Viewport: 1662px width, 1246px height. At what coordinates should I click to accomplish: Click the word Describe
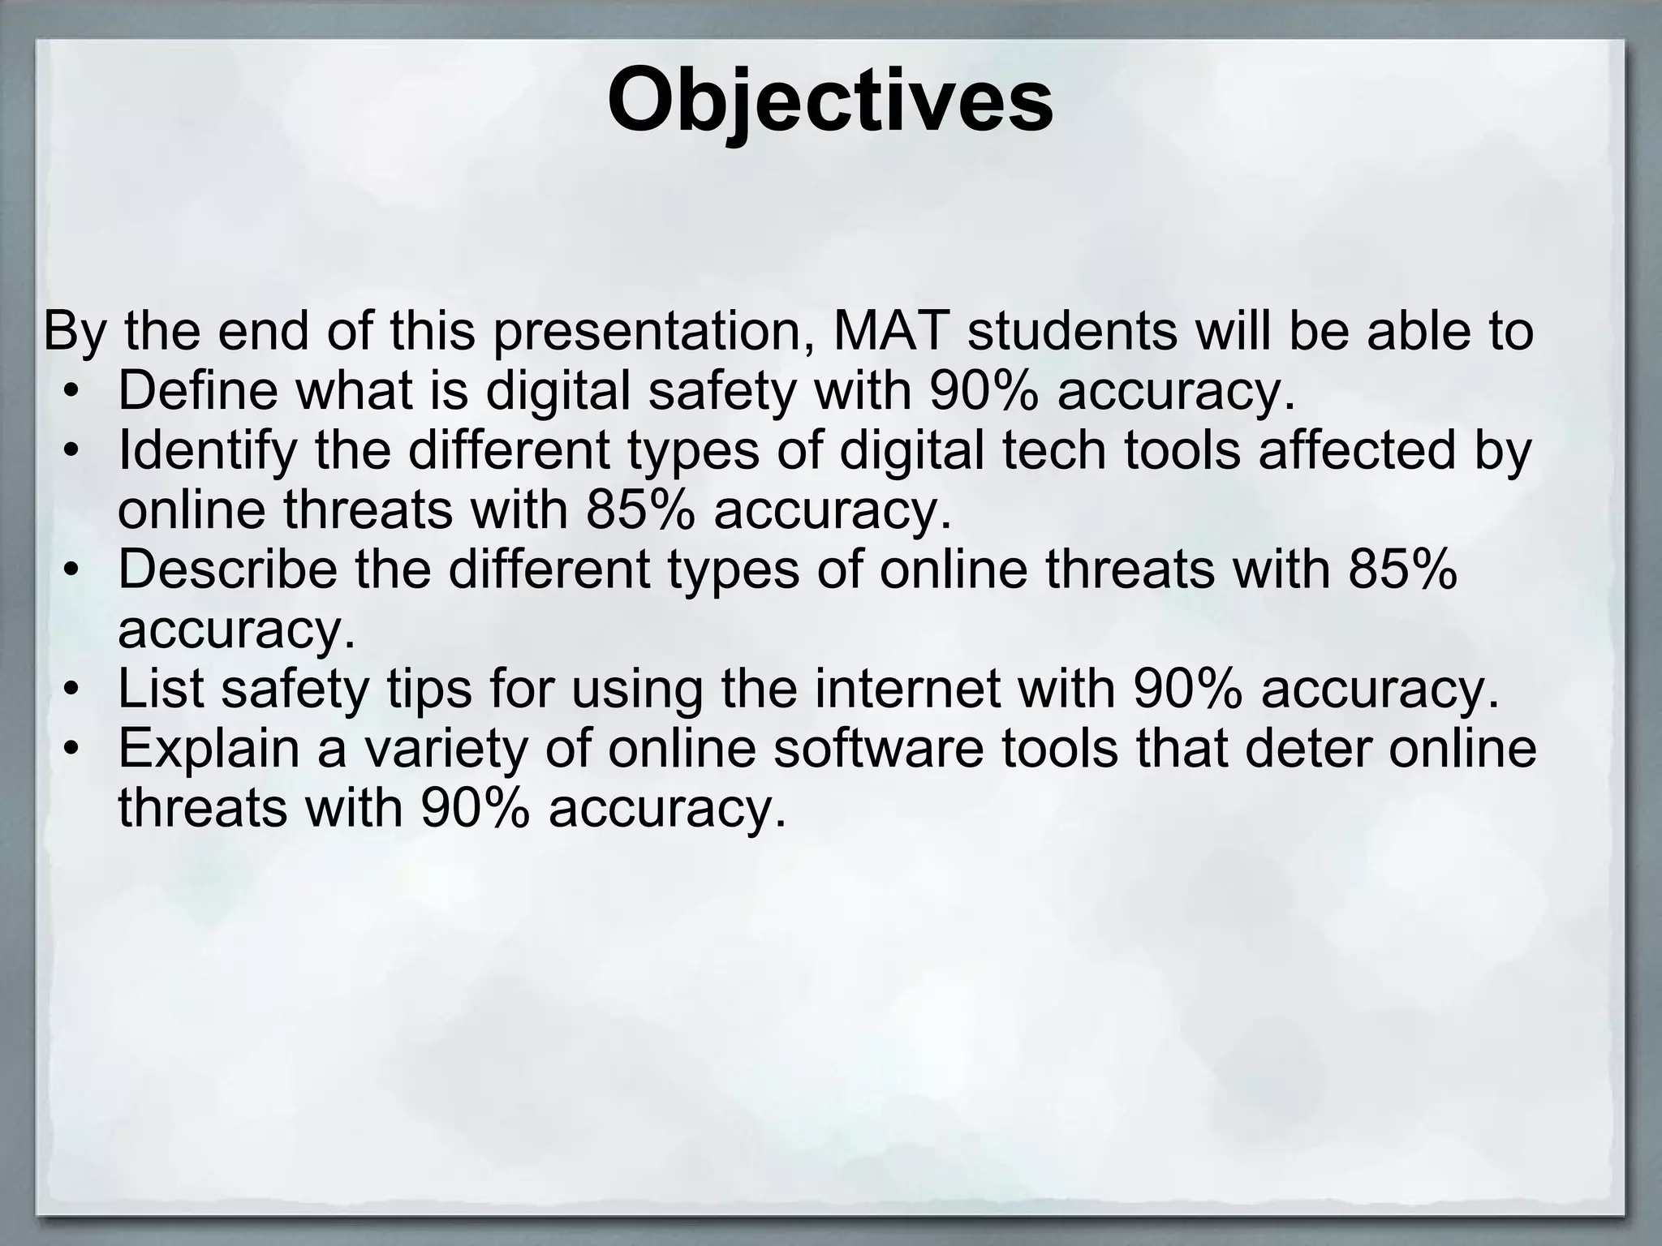coord(227,569)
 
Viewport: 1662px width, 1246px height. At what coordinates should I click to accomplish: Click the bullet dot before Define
coord(71,393)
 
